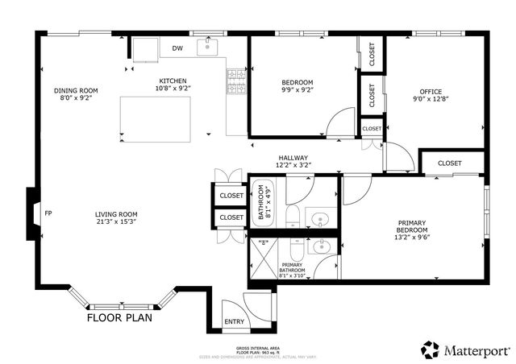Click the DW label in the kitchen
click(177, 49)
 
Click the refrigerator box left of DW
click(147, 49)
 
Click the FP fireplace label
click(48, 213)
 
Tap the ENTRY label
click(234, 322)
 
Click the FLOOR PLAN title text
click(120, 317)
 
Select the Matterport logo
click(465, 350)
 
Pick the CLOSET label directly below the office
click(450, 163)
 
